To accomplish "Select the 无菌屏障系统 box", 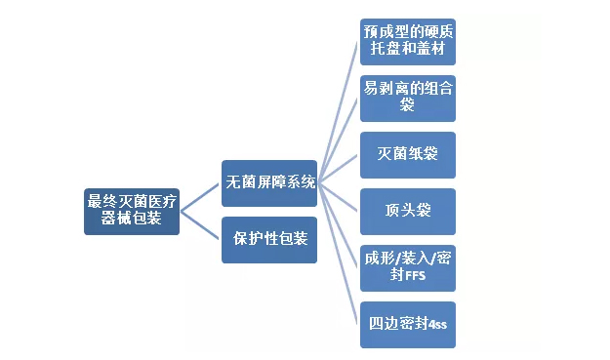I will [x=270, y=183].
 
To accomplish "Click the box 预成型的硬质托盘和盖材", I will [x=408, y=39].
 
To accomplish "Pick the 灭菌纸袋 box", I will [x=408, y=153].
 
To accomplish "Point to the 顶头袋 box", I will [x=408, y=210].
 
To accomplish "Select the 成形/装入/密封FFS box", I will [x=408, y=266].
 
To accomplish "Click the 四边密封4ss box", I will [x=408, y=323].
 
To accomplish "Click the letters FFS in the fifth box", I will [x=415, y=276].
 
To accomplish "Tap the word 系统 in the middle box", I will [x=301, y=183].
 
